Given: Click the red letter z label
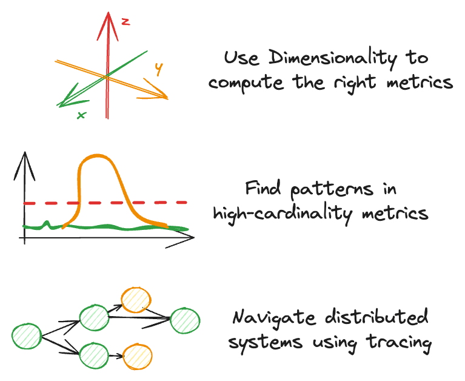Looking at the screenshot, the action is tap(125, 21).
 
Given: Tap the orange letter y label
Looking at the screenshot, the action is tap(159, 69).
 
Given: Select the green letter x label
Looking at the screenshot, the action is tap(81, 115).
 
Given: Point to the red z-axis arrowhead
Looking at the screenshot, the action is tap(108, 26).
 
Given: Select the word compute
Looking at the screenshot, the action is tap(246, 83).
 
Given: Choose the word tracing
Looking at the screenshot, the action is tap(399, 343).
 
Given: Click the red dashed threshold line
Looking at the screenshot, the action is tap(105, 203).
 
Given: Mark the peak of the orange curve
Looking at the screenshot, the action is tap(97, 155).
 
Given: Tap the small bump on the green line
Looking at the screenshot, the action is tap(47, 224).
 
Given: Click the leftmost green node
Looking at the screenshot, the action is tap(27, 336).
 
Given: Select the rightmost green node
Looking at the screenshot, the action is tap(185, 321).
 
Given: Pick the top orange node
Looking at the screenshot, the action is tap(136, 300).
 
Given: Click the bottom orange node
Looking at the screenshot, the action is tap(137, 356).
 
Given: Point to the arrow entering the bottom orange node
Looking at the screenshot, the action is tap(116, 356).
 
